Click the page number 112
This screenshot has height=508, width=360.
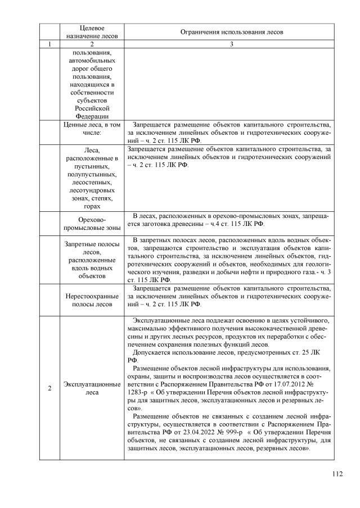pyautogui.click(x=337, y=474)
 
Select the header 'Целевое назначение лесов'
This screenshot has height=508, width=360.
pyautogui.click(x=91, y=31)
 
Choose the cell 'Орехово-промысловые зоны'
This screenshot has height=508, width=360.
pyautogui.click(x=91, y=224)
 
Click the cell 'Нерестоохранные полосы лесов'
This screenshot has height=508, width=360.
pyautogui.click(x=91, y=300)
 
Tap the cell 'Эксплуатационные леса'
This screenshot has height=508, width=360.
pyautogui.click(x=91, y=388)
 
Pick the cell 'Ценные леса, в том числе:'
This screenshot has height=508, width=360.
pyautogui.click(x=91, y=129)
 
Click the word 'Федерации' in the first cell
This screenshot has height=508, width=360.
pyautogui.click(x=91, y=116)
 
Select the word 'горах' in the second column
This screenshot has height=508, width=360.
pyautogui.click(x=91, y=206)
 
